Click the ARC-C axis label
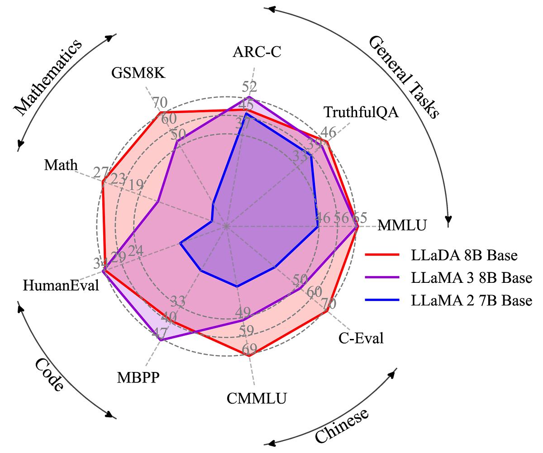coord(257,52)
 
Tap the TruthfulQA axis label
coord(361,112)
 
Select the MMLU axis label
coord(402,225)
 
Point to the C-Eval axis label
coord(361,338)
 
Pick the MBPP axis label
coord(138,377)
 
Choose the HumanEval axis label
coord(61,285)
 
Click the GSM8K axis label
coord(138,72)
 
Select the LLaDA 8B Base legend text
coord(464,255)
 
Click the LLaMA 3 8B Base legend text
coord(472,277)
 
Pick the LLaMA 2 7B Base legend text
coord(472,300)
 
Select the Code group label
coord(49,374)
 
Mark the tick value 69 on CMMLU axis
coord(249,349)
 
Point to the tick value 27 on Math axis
coord(100,172)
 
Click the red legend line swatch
coord(383,255)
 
